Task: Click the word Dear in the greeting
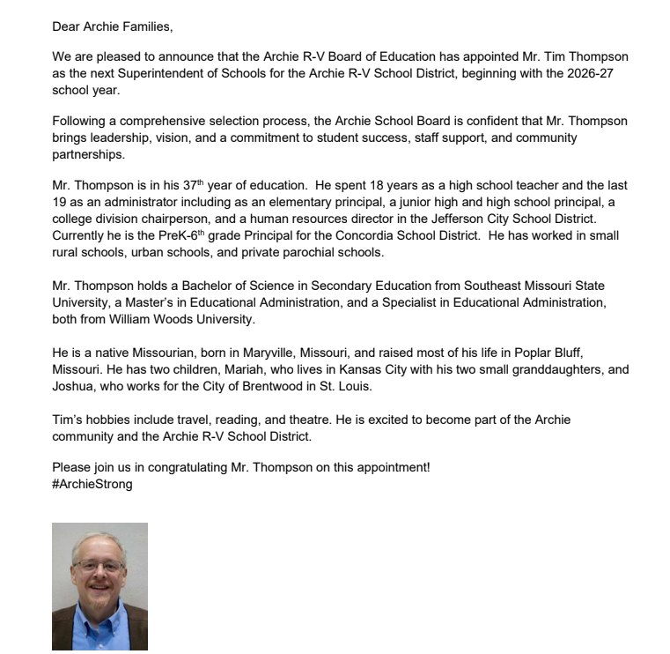[x=67, y=26]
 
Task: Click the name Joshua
[x=74, y=385]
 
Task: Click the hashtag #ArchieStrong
[x=92, y=484]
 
